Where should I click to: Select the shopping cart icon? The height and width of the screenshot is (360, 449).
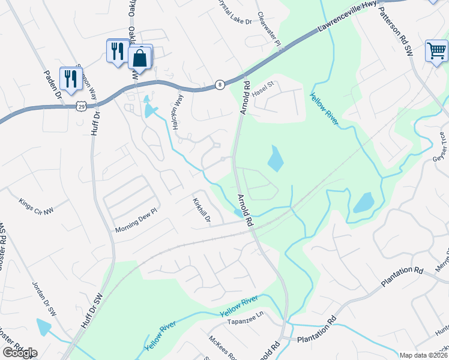436,50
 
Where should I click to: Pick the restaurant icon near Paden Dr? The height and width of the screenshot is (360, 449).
71,78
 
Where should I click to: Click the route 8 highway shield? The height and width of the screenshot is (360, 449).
220,85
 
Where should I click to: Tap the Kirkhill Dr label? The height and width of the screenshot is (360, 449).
202,211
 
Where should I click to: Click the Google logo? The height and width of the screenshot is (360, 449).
20,353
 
